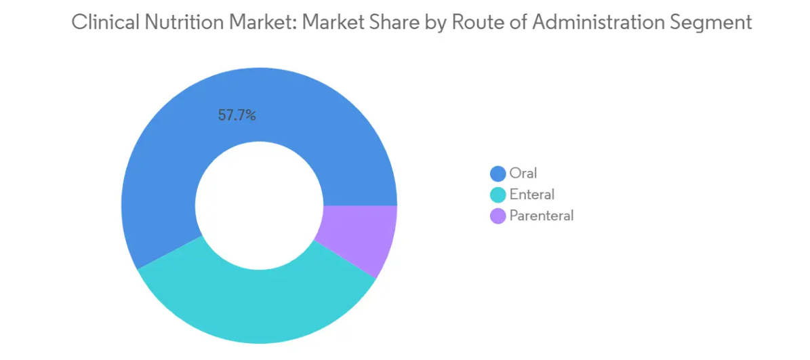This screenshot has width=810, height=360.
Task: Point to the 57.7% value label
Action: [x=237, y=115]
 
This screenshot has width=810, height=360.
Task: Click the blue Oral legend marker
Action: [x=498, y=174]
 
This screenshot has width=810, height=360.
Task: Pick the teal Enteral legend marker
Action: [x=498, y=195]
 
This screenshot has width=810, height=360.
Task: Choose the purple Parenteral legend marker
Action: [x=498, y=216]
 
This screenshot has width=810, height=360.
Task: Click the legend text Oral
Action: [x=523, y=174]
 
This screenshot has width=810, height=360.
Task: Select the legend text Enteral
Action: [x=532, y=195]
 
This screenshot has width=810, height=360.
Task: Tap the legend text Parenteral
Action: [x=542, y=216]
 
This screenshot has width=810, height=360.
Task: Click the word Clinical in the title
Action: [x=102, y=22]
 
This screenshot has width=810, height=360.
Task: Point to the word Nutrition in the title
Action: [x=177, y=22]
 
